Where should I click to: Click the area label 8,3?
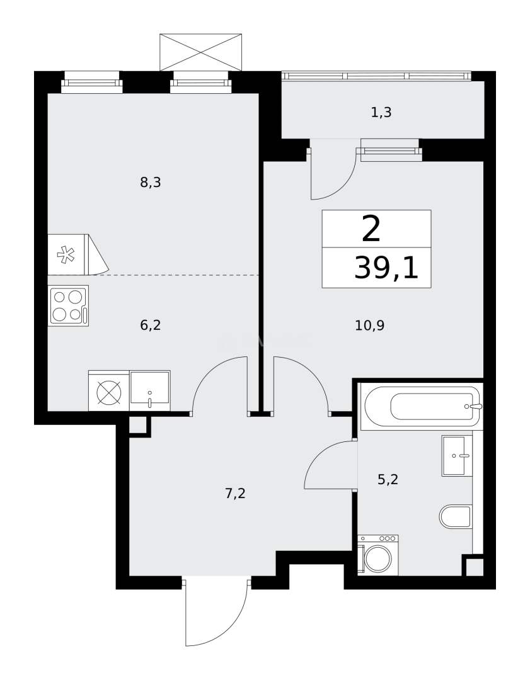pos(151,183)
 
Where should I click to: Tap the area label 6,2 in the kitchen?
pos(151,326)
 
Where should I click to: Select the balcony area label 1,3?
pos(382,113)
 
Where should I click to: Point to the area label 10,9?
pos(371,326)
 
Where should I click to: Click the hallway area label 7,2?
pos(235,494)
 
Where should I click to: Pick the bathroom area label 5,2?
pos(388,480)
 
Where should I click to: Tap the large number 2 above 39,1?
pos(372,229)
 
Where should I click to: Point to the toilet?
pos(456,517)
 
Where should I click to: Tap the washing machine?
pos(378,555)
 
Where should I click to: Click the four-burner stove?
pos(68,305)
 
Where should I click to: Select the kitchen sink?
pos(150,390)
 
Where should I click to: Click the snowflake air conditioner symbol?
pos(66,255)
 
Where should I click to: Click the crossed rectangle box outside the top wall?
pos(200,52)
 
